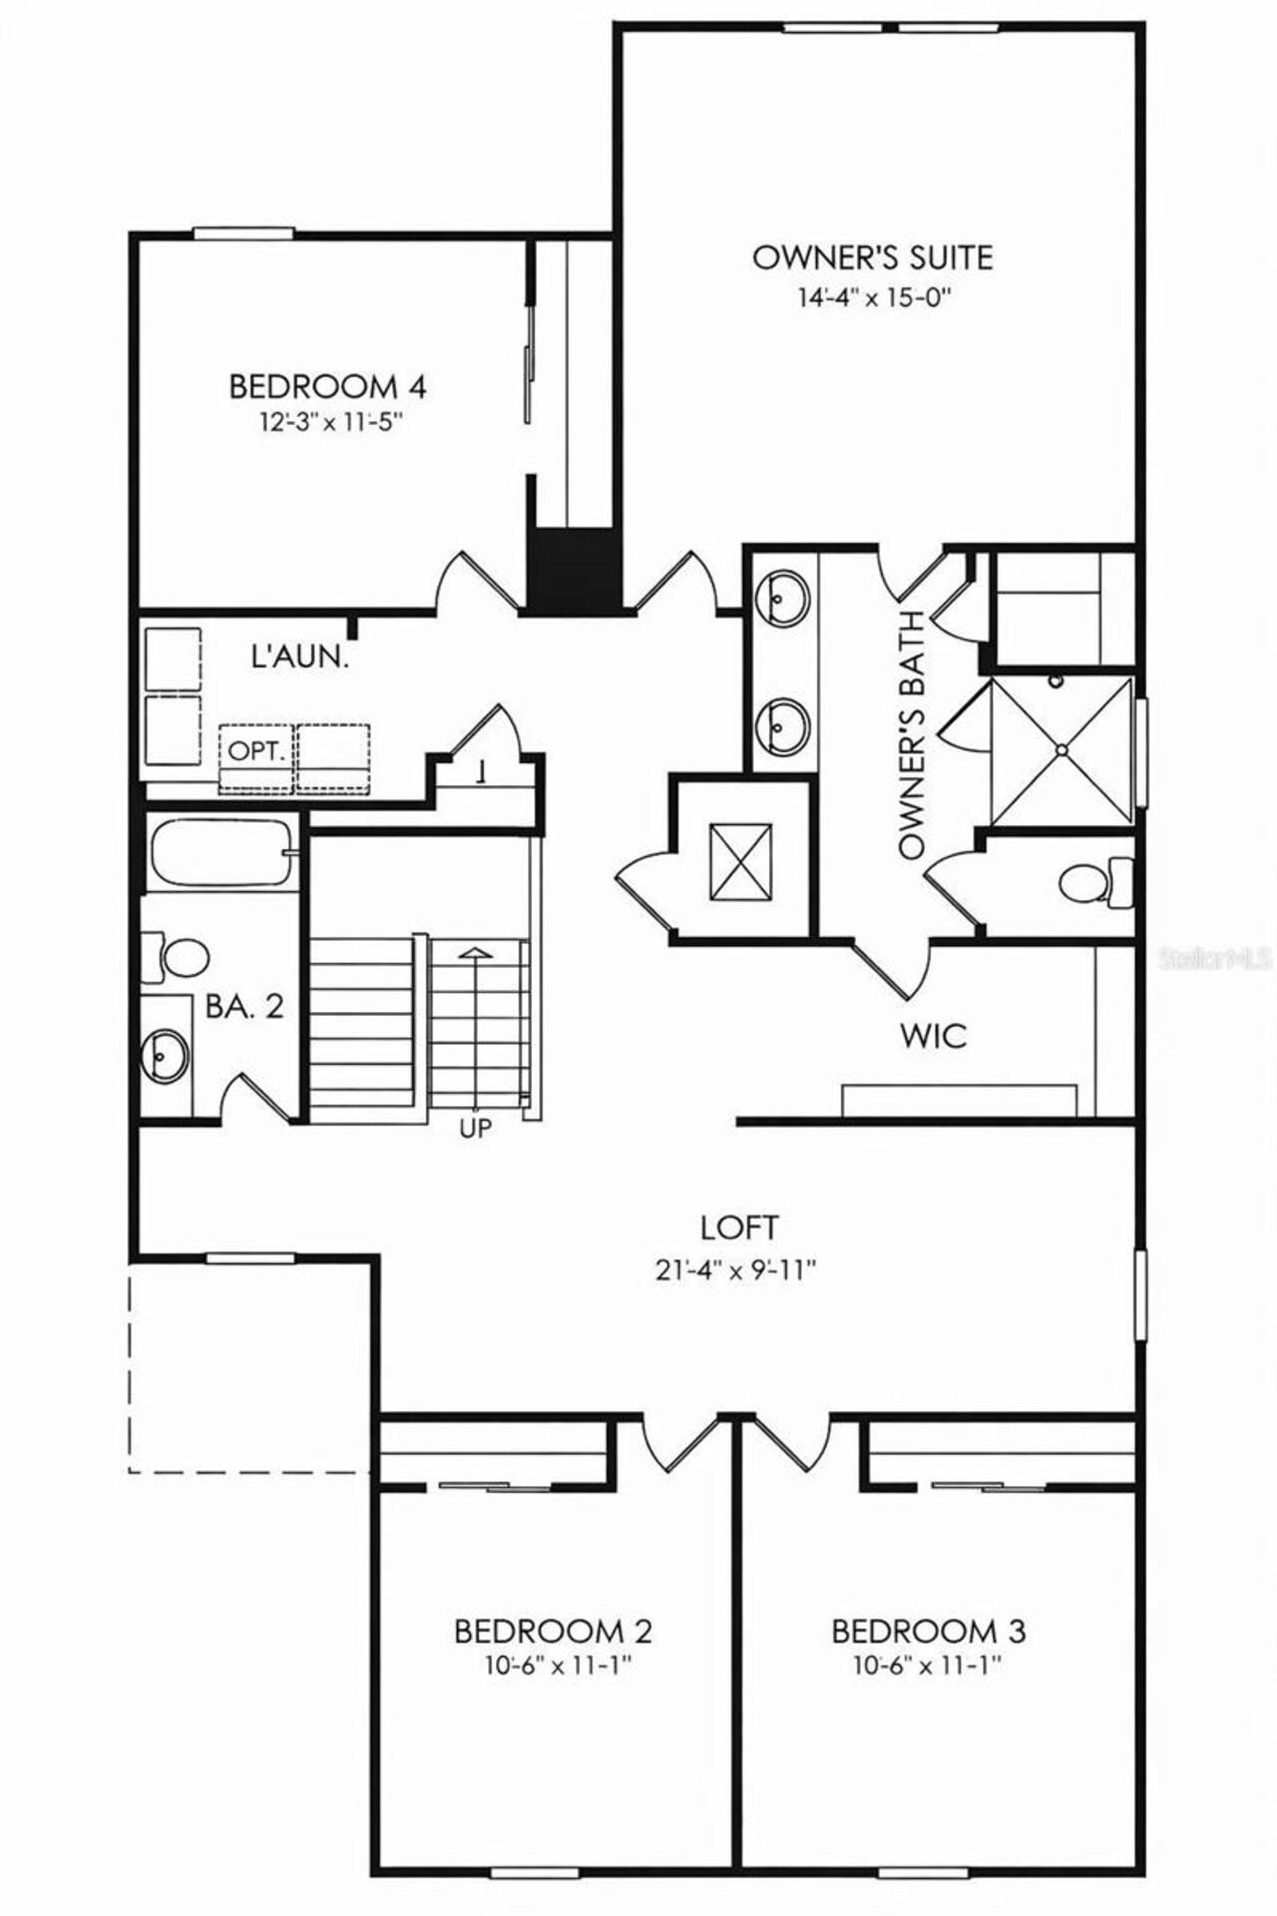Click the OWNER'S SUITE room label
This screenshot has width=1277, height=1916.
(872, 257)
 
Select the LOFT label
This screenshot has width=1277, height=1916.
(738, 1227)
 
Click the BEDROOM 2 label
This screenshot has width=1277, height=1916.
(553, 1632)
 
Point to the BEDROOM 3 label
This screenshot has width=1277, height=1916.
(928, 1632)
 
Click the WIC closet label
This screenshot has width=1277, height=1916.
(933, 1036)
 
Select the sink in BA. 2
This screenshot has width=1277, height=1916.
(164, 1054)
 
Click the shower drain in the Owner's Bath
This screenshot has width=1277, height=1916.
(1063, 747)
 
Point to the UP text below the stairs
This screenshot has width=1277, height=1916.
(475, 1130)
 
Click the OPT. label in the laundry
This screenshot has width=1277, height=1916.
(256, 750)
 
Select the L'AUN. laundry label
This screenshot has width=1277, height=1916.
(299, 657)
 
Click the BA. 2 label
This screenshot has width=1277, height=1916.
(244, 1006)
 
